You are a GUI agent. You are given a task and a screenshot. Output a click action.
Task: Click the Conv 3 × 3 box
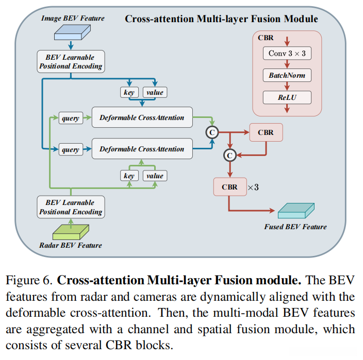point(287,54)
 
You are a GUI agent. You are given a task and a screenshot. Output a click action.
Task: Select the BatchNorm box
point(287,75)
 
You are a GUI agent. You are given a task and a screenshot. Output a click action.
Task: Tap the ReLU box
point(287,97)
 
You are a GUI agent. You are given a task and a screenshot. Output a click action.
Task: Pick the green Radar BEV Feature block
point(70,231)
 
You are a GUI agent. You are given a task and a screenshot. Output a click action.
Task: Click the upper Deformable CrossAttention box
point(142,117)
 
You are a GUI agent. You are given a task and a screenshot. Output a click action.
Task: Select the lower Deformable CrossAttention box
point(142,149)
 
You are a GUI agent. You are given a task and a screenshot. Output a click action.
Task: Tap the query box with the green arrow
point(70,118)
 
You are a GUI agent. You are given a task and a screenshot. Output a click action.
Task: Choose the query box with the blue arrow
point(70,150)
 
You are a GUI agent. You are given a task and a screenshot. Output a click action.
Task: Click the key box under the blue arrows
point(128,93)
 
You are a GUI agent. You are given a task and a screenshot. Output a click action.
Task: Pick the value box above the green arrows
point(155,176)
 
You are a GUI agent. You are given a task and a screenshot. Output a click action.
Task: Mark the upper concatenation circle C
point(211,132)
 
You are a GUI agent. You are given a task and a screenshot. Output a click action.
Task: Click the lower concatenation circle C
point(230,154)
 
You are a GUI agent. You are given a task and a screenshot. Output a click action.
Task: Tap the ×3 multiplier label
point(253,187)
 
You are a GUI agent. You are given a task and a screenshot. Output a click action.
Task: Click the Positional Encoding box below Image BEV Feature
point(70,61)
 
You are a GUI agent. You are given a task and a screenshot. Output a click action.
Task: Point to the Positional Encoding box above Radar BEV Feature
point(70,207)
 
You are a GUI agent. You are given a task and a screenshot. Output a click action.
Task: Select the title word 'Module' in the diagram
point(300,19)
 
